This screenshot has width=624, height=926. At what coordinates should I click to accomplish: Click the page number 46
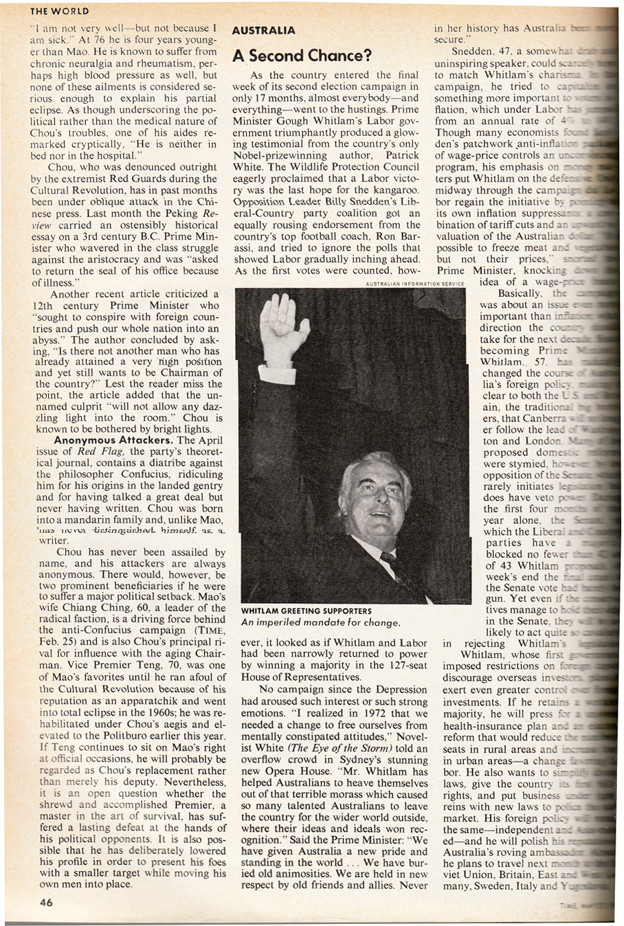point(46,903)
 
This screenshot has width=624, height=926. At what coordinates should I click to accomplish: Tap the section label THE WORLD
point(60,11)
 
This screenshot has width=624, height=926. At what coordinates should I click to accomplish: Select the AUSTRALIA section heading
point(263,31)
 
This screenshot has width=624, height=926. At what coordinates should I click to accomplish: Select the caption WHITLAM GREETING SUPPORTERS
point(306,611)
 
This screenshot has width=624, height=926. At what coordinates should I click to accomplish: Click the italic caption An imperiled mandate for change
point(320,622)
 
